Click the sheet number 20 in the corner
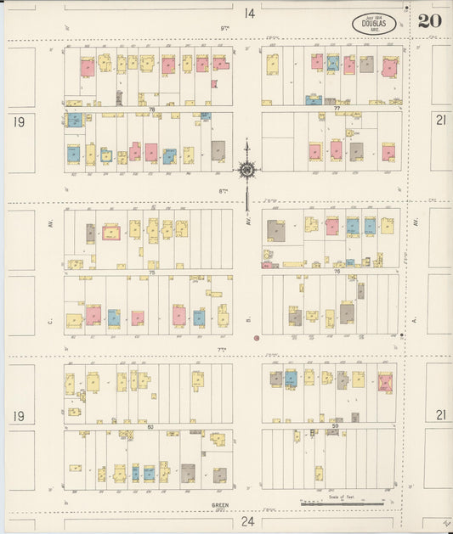tap(429, 21)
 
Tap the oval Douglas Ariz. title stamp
tap(373, 23)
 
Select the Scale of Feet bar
tap(341, 503)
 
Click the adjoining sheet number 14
tap(249, 13)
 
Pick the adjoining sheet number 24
tap(247, 520)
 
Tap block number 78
tap(152, 110)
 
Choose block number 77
tap(337, 110)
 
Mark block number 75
tap(152, 273)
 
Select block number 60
tap(151, 426)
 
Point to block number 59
tap(336, 425)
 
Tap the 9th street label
tap(225, 28)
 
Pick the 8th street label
tap(223, 191)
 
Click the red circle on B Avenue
tap(256, 338)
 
